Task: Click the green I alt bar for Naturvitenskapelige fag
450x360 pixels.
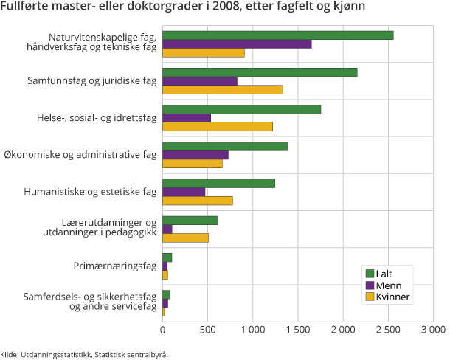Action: [x=277, y=35]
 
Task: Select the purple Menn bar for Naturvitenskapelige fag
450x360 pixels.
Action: [x=236, y=44]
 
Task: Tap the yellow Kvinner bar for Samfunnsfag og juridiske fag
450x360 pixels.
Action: [x=222, y=90]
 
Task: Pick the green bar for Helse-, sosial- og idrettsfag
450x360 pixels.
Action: [x=241, y=109]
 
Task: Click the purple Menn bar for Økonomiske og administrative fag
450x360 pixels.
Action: [x=195, y=155]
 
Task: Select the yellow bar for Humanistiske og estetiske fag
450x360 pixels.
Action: [x=197, y=201]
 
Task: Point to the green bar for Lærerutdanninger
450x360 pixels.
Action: [x=190, y=220]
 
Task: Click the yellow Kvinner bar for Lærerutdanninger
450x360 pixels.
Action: [x=185, y=238]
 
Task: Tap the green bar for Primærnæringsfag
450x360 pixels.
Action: [x=167, y=257]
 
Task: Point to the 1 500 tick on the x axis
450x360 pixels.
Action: [x=297, y=328]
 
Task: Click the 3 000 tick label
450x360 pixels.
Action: [x=433, y=328]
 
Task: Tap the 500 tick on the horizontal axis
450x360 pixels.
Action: [x=207, y=328]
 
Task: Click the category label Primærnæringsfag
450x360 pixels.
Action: [x=114, y=266]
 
